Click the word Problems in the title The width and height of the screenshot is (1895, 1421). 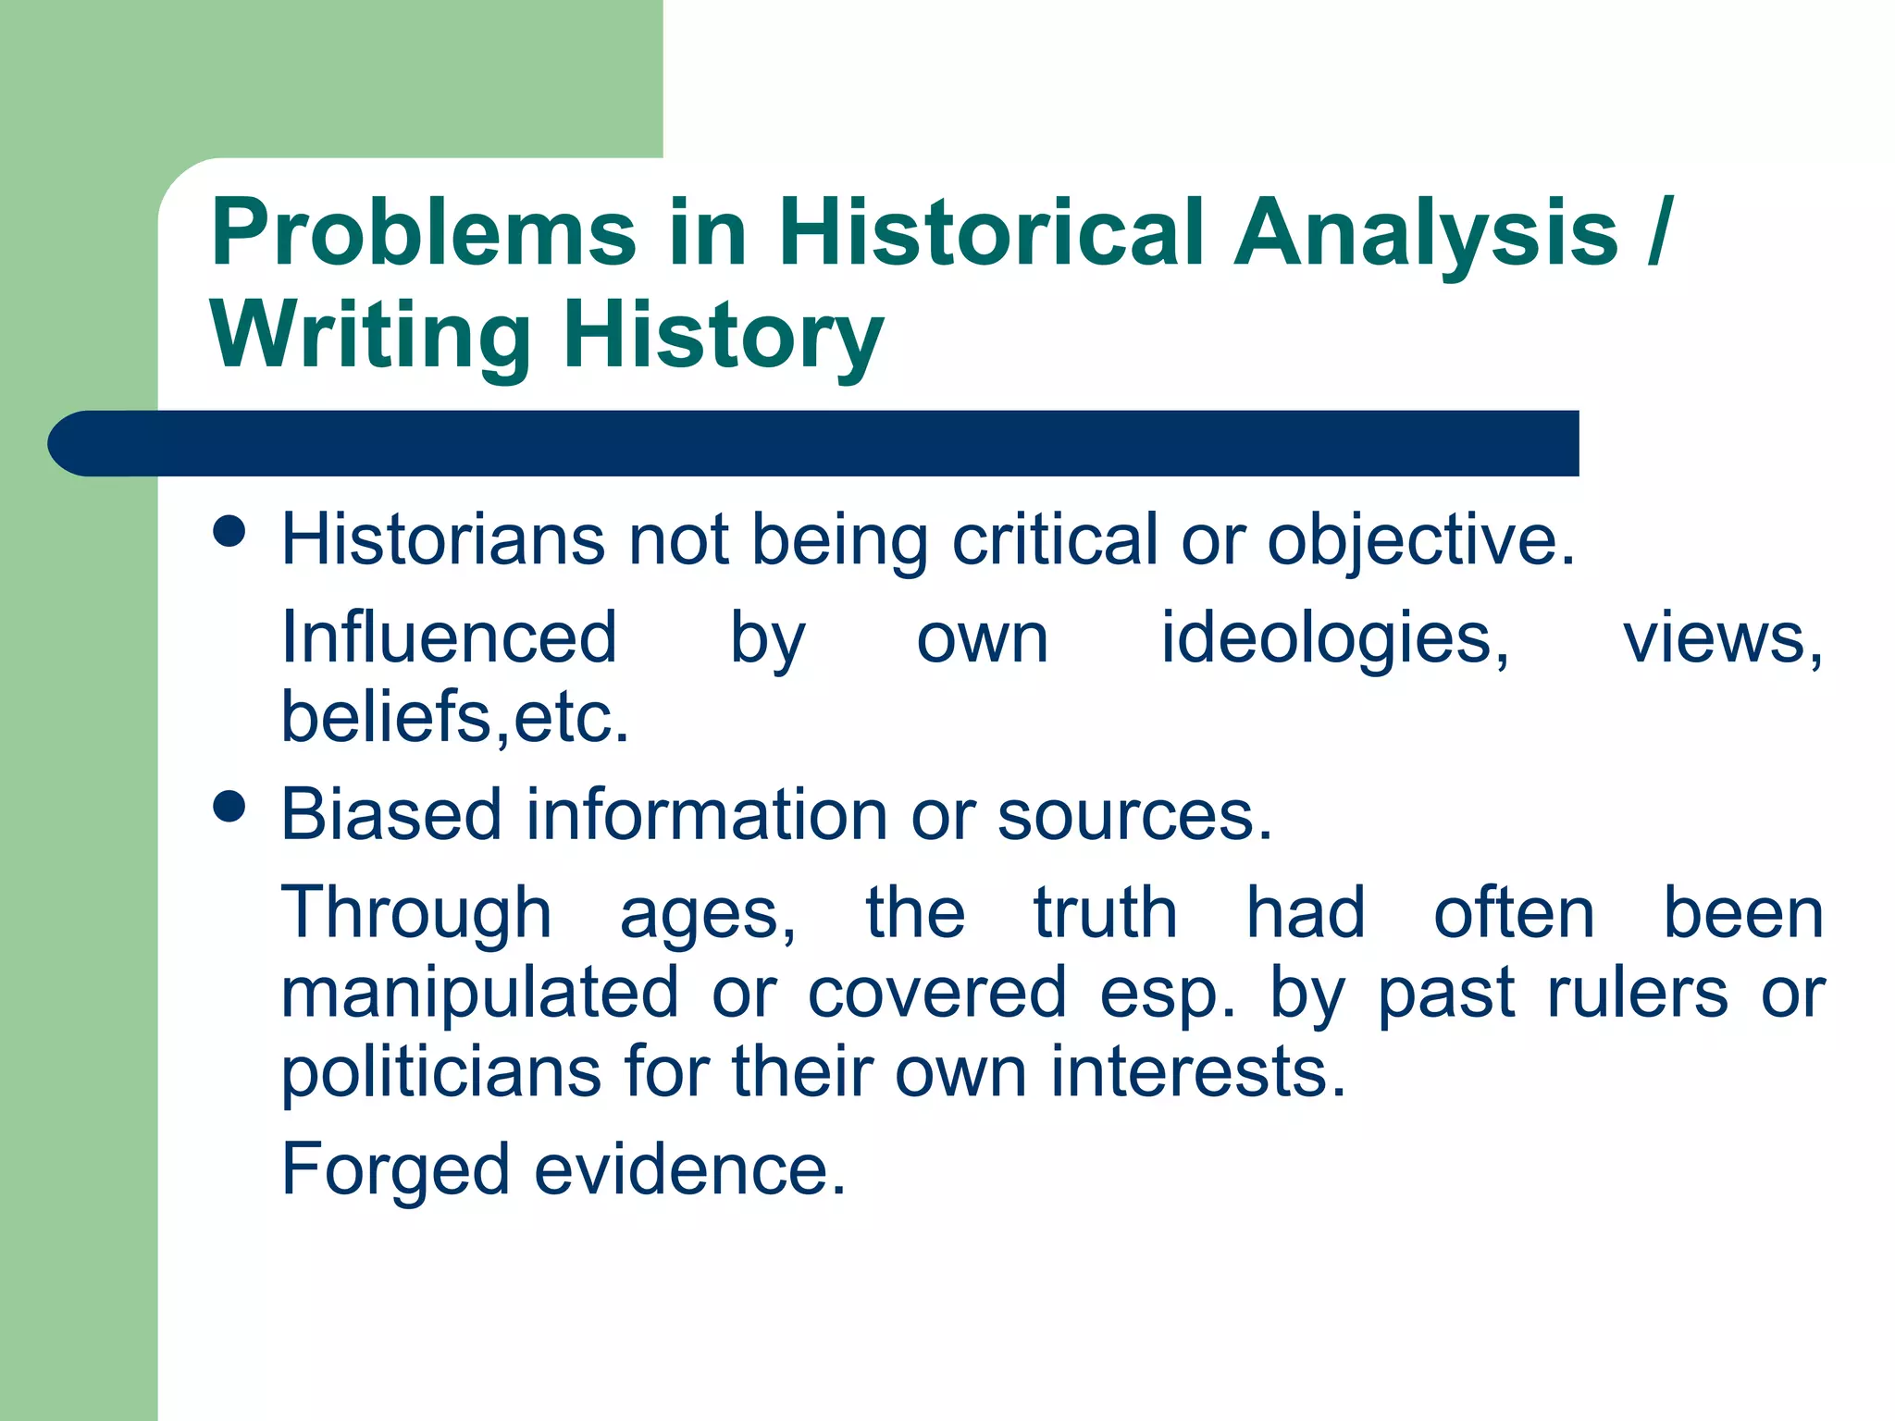(424, 233)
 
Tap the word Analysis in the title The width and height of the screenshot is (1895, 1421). (1426, 233)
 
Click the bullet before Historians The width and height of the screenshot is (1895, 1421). (229, 532)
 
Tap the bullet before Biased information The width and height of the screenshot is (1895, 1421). (229, 806)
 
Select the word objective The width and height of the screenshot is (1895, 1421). (1420, 541)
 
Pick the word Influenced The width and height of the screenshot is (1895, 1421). (449, 637)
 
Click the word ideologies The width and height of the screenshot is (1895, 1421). (1335, 639)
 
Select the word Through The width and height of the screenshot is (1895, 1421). (416, 914)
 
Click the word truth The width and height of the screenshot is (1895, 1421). (1105, 914)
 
